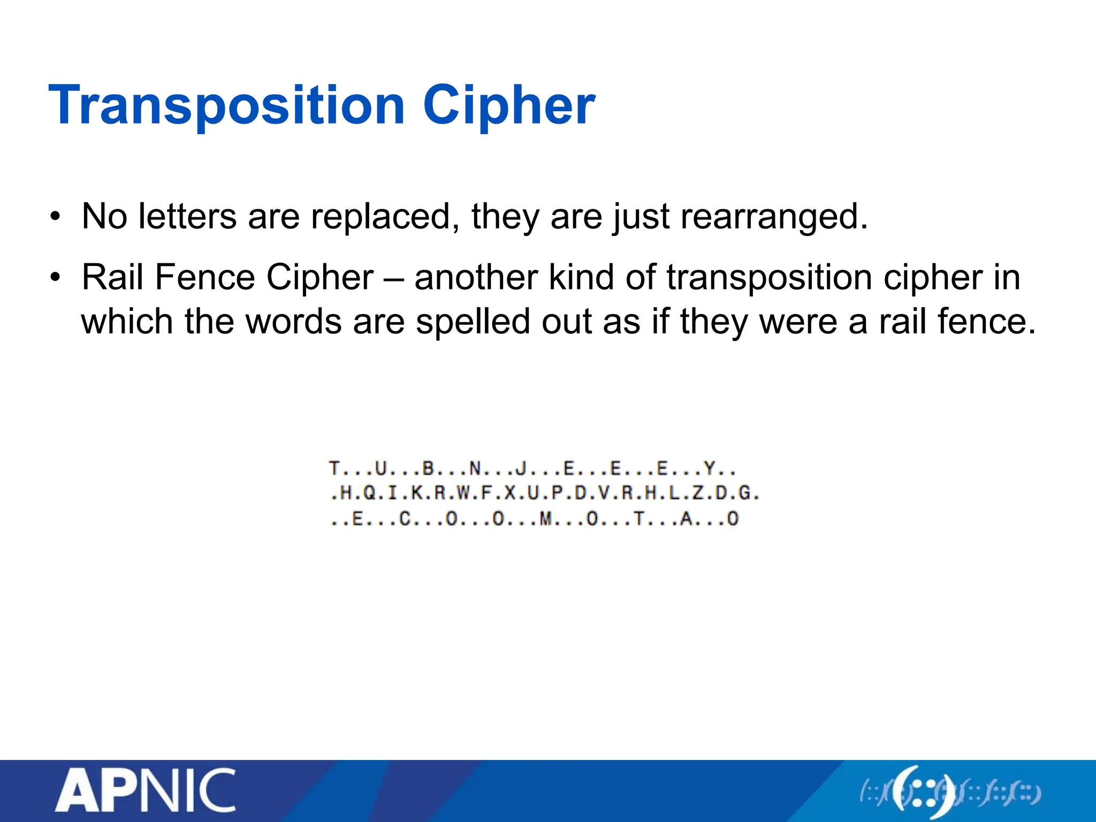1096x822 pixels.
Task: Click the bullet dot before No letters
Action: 55,218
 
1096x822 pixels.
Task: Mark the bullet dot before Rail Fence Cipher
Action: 55,279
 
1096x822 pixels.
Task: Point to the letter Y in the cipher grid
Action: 710,469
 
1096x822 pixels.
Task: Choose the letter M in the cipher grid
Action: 545,519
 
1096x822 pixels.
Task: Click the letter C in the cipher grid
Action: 405,519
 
